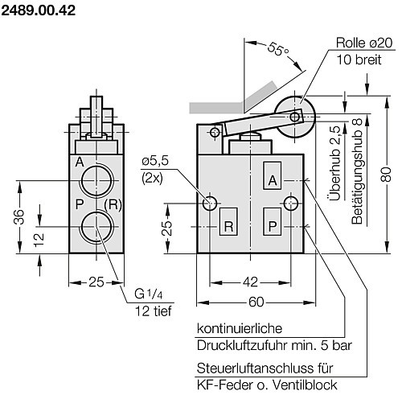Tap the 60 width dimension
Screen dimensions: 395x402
256,302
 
